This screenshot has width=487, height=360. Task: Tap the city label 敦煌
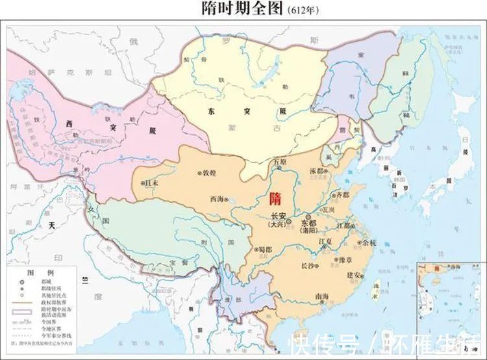209,174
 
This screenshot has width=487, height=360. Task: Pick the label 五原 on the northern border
279,161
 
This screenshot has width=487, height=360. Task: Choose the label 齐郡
342,195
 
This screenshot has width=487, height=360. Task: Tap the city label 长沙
307,265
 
